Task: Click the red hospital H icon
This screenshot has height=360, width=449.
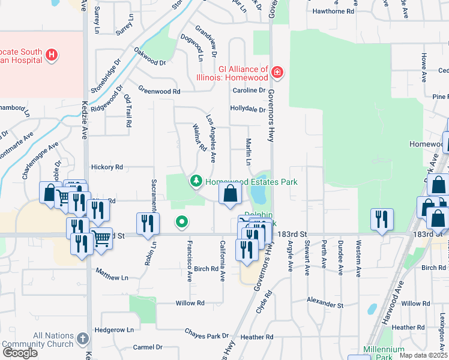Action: click(x=52, y=56)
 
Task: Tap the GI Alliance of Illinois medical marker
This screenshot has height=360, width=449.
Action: click(x=277, y=73)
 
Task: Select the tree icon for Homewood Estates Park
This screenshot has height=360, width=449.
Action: click(x=196, y=181)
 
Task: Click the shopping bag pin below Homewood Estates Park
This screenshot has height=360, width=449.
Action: click(x=230, y=194)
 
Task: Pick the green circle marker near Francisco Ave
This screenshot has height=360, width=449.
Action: click(x=182, y=223)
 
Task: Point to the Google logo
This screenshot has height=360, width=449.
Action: click(x=20, y=353)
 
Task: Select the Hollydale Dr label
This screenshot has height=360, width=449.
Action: click(x=248, y=109)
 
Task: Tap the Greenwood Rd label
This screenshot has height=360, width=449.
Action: click(x=159, y=91)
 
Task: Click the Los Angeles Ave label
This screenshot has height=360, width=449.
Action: click(x=211, y=139)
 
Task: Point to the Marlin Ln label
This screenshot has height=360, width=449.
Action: click(x=248, y=151)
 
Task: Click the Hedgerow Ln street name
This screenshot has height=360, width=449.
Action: click(x=114, y=330)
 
